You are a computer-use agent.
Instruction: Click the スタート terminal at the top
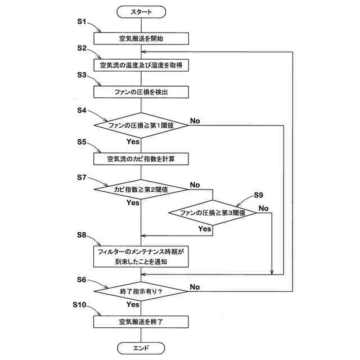tap(141, 11)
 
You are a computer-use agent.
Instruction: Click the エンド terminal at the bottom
tap(141, 348)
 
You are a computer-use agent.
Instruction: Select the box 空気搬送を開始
tap(141, 39)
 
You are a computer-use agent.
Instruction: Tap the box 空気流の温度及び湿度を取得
tap(141, 66)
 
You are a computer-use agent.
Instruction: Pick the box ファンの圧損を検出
tap(141, 92)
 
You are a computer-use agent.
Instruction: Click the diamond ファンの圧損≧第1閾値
tap(141, 125)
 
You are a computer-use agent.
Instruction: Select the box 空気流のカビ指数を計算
tap(141, 159)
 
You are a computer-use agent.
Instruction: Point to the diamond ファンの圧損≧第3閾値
tap(212, 213)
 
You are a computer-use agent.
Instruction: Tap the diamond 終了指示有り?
tap(141, 291)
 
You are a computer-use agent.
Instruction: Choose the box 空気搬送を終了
tap(141, 322)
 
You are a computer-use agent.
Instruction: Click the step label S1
tap(81, 22)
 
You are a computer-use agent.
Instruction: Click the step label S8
tap(81, 234)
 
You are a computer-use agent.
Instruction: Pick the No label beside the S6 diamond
tap(195, 287)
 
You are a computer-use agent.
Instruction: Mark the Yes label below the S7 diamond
tap(133, 202)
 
